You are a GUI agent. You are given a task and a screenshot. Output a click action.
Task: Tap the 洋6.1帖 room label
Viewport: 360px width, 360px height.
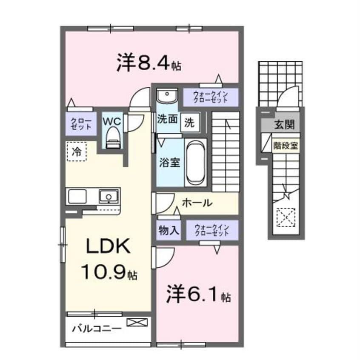[196, 294]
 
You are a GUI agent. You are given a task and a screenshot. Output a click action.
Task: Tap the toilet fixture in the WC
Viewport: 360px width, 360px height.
[112, 139]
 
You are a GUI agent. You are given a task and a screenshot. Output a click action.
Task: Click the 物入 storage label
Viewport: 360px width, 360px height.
[169, 231]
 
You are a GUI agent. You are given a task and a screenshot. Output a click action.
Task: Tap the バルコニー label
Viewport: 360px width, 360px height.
[97, 329]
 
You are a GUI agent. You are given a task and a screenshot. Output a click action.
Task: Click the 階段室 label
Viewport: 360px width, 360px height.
[286, 145]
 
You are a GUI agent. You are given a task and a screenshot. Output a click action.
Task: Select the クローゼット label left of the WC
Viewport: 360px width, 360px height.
[80, 123]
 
